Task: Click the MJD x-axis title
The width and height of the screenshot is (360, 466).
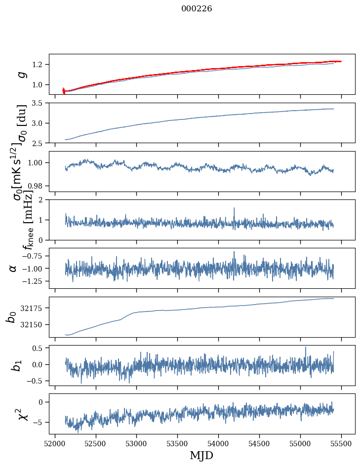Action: click(201, 455)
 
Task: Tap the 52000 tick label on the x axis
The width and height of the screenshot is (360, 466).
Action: click(55, 443)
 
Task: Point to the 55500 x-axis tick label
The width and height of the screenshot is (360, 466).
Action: click(341, 443)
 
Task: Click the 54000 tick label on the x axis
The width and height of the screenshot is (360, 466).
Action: click(218, 443)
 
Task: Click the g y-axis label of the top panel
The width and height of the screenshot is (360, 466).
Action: click(21, 74)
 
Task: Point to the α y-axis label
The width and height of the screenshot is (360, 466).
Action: click(13, 268)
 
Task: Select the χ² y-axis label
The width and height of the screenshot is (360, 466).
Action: click(21, 414)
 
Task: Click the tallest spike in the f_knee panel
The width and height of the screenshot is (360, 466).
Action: click(234, 208)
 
